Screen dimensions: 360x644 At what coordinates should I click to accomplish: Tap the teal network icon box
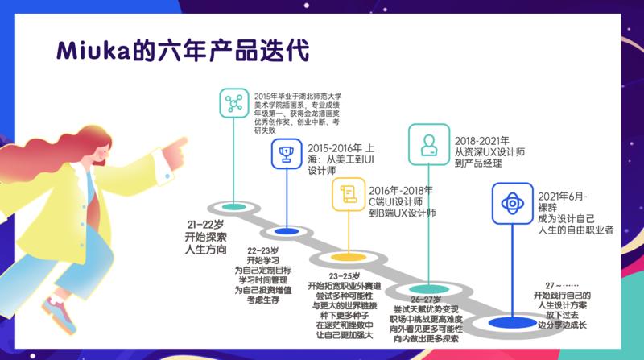234,103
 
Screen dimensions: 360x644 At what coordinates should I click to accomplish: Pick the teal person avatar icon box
427,143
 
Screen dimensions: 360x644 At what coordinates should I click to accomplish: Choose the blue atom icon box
510,202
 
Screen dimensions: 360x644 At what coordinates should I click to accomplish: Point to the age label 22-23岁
262,250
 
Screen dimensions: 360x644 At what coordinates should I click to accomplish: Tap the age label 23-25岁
347,275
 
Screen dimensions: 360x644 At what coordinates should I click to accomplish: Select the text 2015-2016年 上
340,147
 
